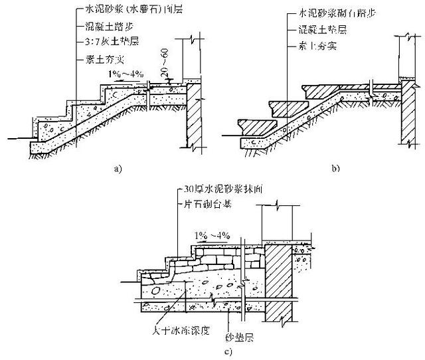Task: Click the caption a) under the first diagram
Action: tap(118, 169)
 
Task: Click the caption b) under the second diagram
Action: tap(337, 169)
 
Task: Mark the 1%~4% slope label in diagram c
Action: tap(211, 234)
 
